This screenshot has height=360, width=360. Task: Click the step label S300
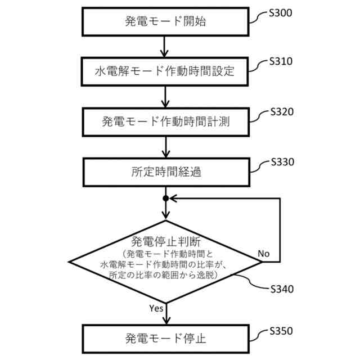[x=281, y=13]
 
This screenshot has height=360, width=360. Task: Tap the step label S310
[x=281, y=61]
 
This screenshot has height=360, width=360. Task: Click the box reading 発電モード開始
[x=165, y=22]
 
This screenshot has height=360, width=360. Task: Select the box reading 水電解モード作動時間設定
[x=165, y=71]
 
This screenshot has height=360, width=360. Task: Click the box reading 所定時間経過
[x=165, y=172]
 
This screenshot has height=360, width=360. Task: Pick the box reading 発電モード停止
[x=165, y=339]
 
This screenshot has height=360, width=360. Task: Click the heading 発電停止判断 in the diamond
[x=165, y=242]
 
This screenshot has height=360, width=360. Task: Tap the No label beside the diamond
[x=263, y=254]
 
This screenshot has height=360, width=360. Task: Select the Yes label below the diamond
[x=156, y=308]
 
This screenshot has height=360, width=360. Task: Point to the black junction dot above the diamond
[x=165, y=199]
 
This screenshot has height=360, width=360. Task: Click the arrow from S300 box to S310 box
[x=165, y=47]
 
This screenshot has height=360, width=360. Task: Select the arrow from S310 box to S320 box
[x=165, y=96]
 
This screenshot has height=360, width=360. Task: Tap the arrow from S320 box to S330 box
[x=165, y=146]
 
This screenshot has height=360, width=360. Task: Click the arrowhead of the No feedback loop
[x=174, y=199]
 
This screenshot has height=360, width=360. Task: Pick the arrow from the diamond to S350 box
[x=165, y=312]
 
